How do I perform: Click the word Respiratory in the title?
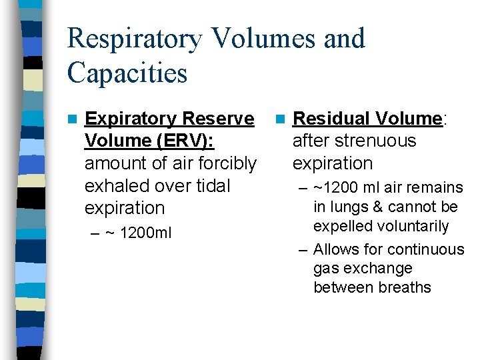pos(133,39)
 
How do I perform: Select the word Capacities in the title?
pos(127,73)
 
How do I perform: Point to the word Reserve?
pos(218,119)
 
